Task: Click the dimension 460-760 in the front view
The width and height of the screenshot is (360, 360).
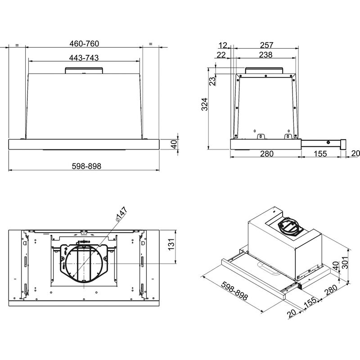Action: point(84,44)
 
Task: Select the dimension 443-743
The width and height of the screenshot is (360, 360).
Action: point(84,58)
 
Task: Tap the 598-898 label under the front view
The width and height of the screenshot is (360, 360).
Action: point(85,166)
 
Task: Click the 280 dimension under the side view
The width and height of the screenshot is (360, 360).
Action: point(266,154)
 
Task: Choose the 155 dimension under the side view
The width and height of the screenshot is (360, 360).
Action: point(320,154)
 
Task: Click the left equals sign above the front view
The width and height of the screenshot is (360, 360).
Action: point(17,45)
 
